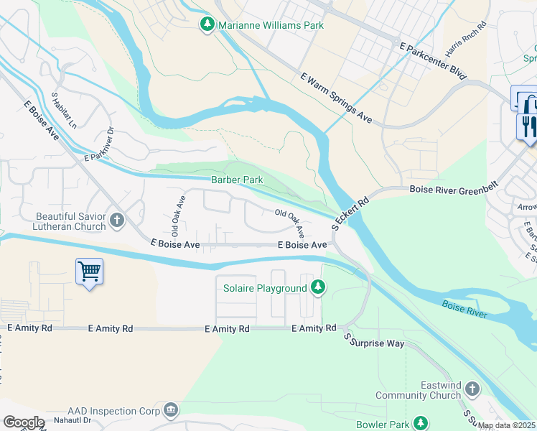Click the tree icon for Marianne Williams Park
point(207,25)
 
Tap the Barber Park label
point(236,180)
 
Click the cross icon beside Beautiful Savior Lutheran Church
point(116,218)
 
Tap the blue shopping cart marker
point(89,272)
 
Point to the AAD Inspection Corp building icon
point(170,409)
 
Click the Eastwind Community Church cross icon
point(472,389)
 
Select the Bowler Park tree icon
point(420,424)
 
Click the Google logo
point(24,422)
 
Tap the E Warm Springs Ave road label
point(336,98)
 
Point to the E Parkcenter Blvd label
point(433,60)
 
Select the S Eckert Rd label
point(350,213)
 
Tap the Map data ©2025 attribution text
point(507,425)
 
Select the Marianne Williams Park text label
point(271,25)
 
